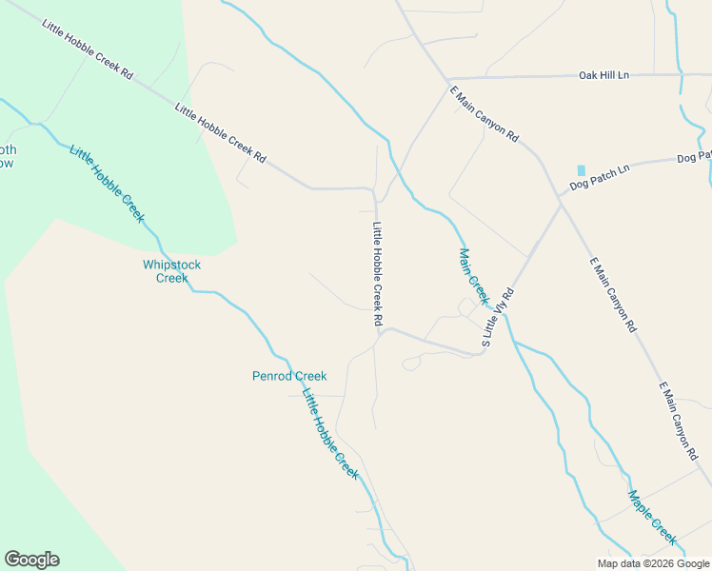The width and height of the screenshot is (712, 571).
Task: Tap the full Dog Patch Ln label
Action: [600, 175]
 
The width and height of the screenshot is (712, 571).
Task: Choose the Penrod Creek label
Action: [289, 376]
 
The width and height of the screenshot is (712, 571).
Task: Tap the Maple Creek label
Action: [652, 517]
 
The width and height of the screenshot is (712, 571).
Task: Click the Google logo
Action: [31, 560]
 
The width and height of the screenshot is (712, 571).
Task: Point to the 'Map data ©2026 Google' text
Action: [653, 563]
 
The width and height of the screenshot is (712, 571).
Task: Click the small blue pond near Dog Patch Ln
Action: [582, 169]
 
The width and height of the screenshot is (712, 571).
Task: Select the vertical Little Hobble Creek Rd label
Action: [378, 276]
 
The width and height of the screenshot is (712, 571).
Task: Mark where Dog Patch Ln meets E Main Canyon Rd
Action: [562, 201]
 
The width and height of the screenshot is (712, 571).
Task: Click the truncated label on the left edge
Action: [8, 156]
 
